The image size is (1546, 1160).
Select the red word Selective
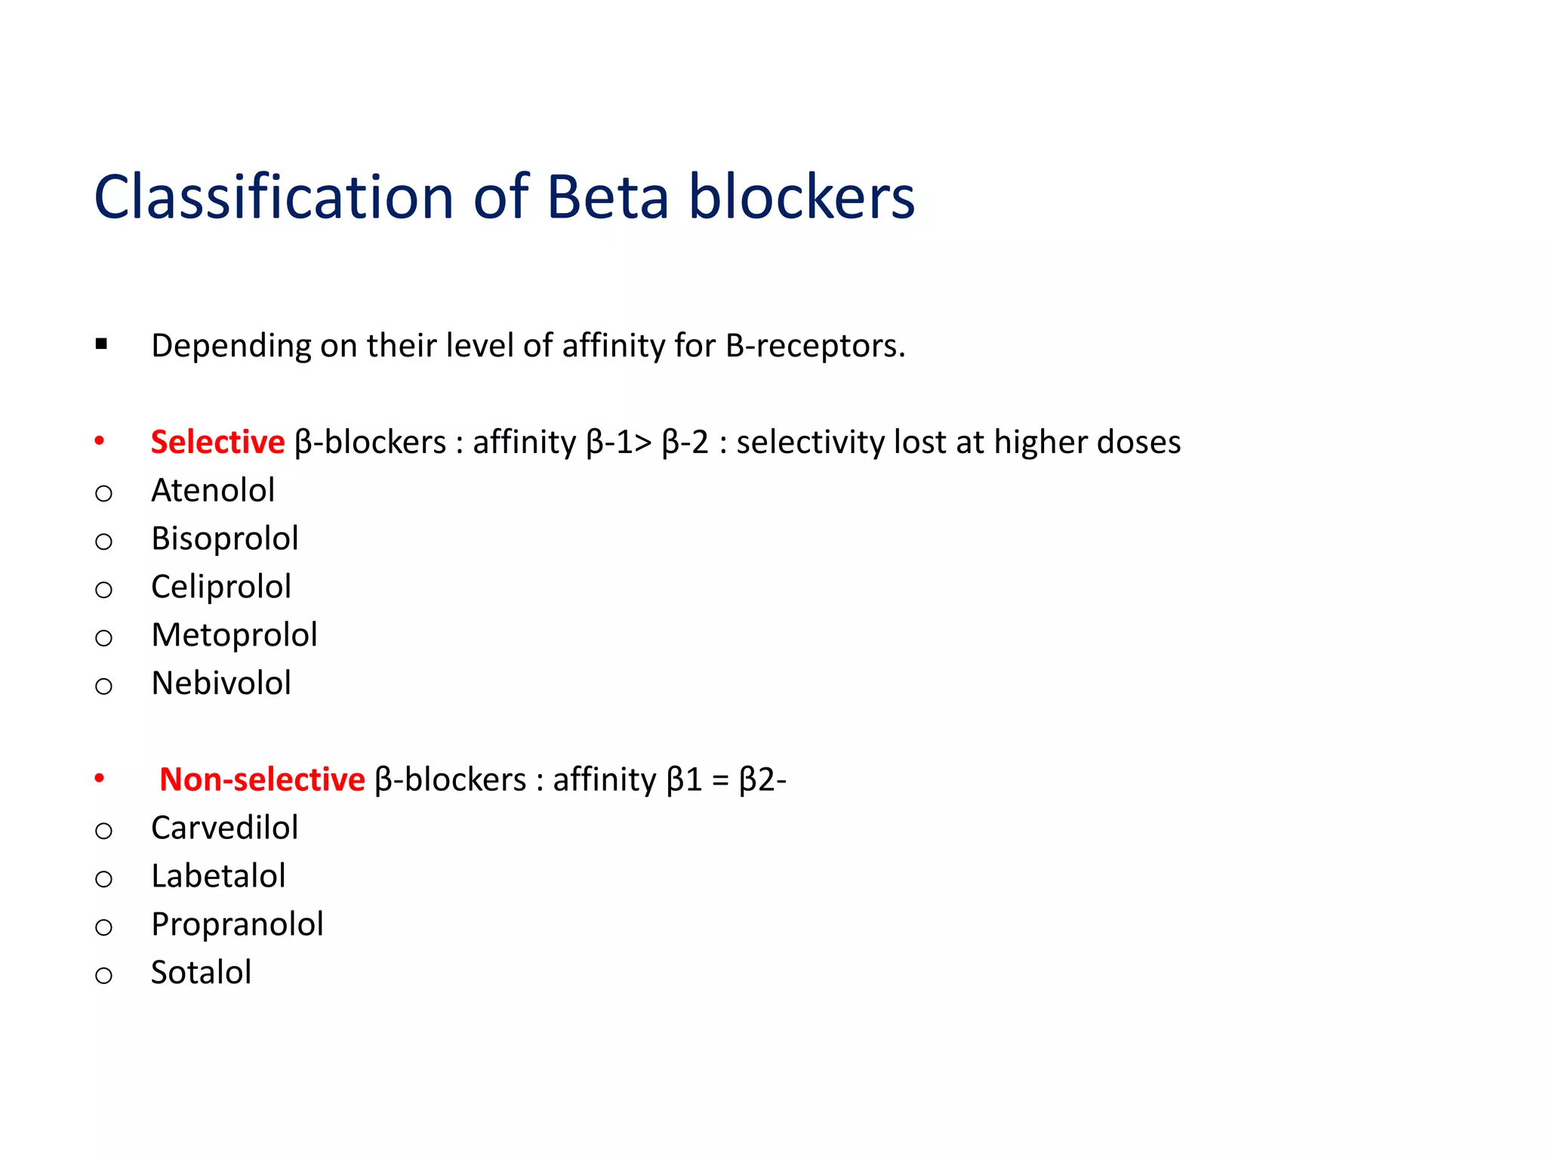pyautogui.click(x=217, y=443)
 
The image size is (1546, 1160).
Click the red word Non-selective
pyautogui.click(x=262, y=779)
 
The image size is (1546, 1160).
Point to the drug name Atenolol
pyautogui.click(x=213, y=491)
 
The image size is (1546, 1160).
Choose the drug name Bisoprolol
pyautogui.click(x=225, y=539)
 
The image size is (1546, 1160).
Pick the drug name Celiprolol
pyautogui.click(x=221, y=588)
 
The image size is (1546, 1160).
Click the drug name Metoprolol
pyautogui.click(x=234, y=636)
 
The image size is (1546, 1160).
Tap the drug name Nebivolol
pyautogui.click(x=221, y=683)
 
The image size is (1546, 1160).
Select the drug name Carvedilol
pyautogui.click(x=225, y=828)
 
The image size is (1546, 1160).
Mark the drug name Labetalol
pyautogui.click(x=218, y=876)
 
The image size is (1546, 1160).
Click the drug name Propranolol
pyautogui.click(x=237, y=925)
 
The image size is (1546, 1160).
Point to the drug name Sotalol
pyautogui.click(x=201, y=973)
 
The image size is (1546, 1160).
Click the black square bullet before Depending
pyautogui.click(x=101, y=345)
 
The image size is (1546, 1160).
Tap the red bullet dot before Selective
pyautogui.click(x=100, y=441)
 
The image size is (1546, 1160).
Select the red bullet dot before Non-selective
pyautogui.click(x=100, y=778)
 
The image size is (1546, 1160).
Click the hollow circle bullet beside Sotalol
pyautogui.click(x=103, y=975)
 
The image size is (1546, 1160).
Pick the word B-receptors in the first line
pyautogui.click(x=815, y=346)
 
